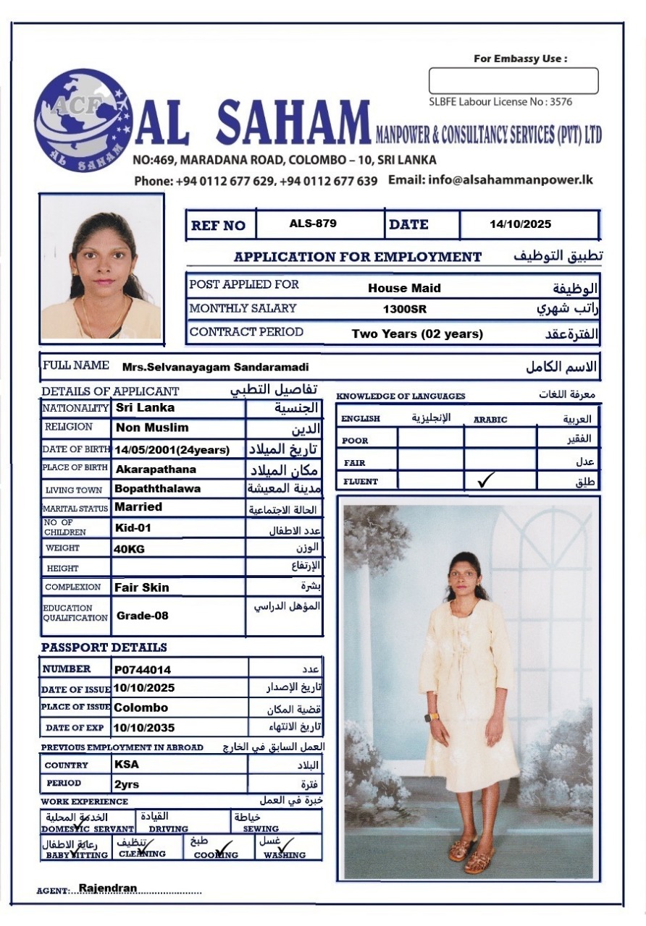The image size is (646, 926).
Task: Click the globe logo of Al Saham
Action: (x=83, y=120)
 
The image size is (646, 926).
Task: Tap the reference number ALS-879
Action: (x=313, y=224)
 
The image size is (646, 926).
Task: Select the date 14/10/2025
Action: (x=520, y=224)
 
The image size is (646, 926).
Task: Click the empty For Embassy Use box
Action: (x=513, y=81)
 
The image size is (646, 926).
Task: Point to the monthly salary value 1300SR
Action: (x=405, y=310)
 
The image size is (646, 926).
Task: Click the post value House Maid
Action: (x=404, y=288)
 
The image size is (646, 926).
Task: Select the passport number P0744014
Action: (x=143, y=670)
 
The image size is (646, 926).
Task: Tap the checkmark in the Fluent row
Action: (x=487, y=479)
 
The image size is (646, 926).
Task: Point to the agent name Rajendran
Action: (x=108, y=888)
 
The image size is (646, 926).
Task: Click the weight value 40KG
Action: (x=129, y=549)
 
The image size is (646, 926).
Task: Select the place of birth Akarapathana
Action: (x=155, y=470)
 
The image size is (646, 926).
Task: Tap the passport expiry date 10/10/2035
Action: (x=144, y=728)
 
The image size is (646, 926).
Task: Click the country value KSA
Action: (x=127, y=764)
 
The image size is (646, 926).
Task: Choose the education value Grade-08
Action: (x=143, y=616)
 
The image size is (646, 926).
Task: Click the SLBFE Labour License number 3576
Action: (x=561, y=102)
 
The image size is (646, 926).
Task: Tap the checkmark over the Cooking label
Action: (x=224, y=846)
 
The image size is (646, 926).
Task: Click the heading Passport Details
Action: (x=104, y=647)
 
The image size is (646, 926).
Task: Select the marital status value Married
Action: (x=138, y=507)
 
